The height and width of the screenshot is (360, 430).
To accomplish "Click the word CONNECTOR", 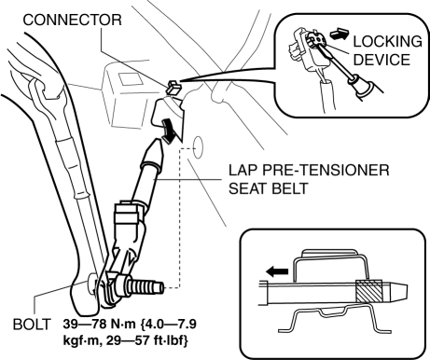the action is (x=72, y=20).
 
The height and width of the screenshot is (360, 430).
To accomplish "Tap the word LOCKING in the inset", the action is (x=387, y=42).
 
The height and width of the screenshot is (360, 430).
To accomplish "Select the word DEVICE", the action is (x=381, y=60).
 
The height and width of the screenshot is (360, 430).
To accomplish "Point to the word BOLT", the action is (x=31, y=325).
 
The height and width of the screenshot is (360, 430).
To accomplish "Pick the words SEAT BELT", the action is (x=269, y=188).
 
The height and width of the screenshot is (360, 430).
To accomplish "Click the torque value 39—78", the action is (x=84, y=325).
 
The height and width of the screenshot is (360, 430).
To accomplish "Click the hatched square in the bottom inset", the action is (x=369, y=291).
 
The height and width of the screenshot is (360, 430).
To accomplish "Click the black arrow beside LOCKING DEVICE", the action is (x=340, y=34).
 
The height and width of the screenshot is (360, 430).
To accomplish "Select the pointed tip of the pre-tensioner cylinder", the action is (x=158, y=142).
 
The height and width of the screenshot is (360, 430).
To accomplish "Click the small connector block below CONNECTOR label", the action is (x=173, y=87).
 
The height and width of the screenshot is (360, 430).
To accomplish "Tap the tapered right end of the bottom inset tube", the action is (x=398, y=292).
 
